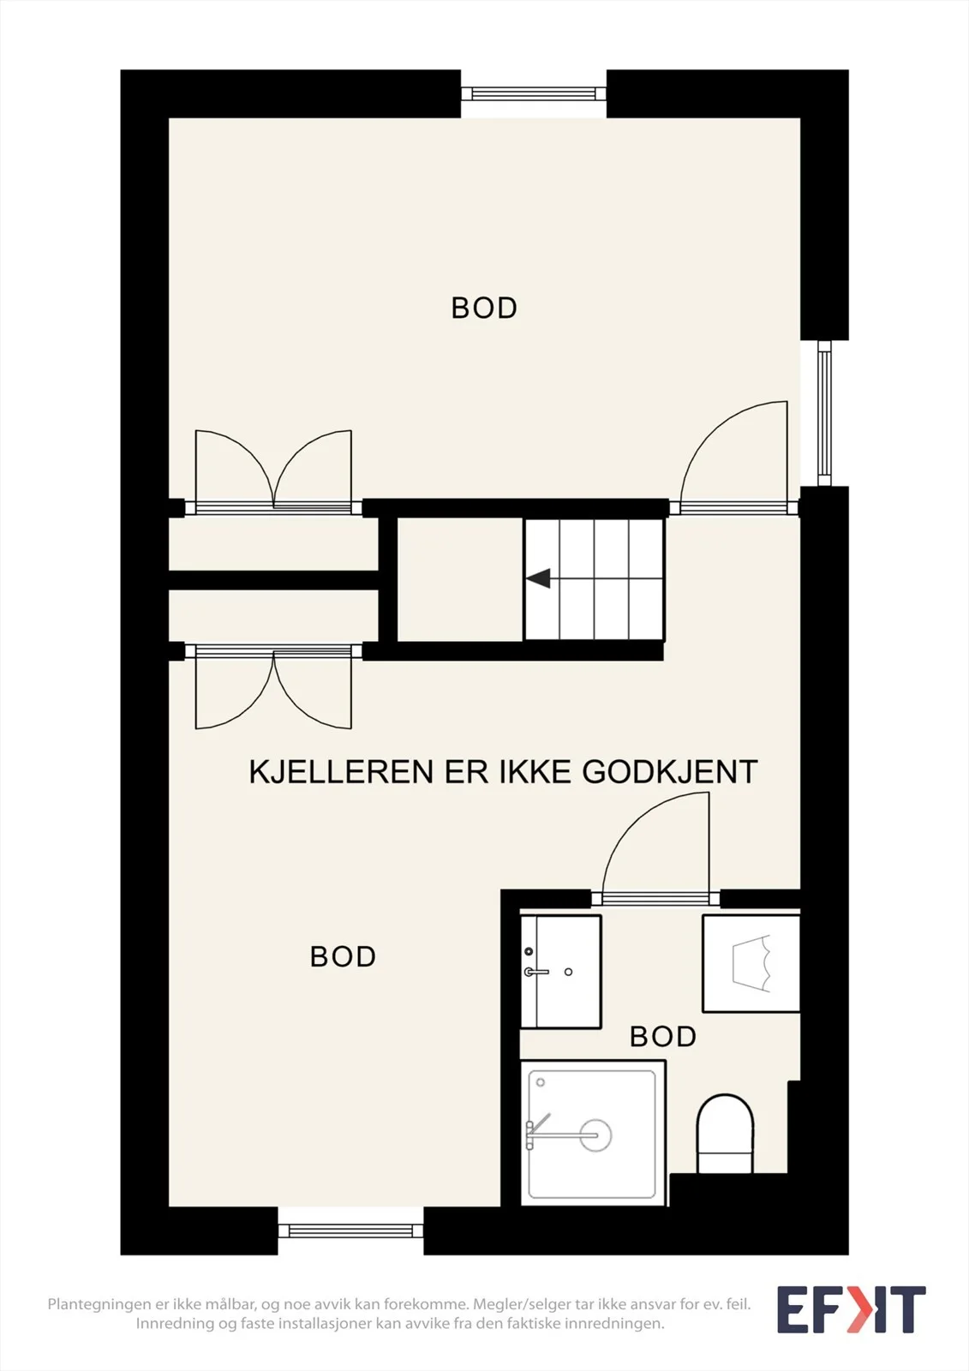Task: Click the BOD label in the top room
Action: pyautogui.click(x=483, y=308)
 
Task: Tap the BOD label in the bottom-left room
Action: pyautogui.click(x=343, y=956)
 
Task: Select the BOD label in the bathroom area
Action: pyautogui.click(x=663, y=1036)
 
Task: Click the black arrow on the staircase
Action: pyautogui.click(x=538, y=578)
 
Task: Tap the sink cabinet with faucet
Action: pyautogui.click(x=560, y=972)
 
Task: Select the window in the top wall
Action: pyautogui.click(x=533, y=93)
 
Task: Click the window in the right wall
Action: pyautogui.click(x=824, y=412)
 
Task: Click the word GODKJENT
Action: pyautogui.click(x=670, y=772)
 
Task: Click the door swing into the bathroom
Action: pyautogui.click(x=655, y=848)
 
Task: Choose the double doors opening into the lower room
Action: pyautogui.click(x=273, y=686)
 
